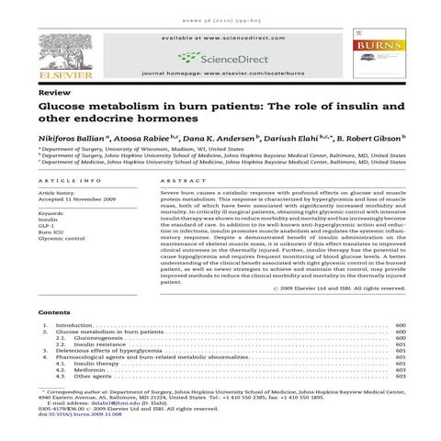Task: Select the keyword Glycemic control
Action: pos(62,242)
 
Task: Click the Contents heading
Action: pos(56,313)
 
